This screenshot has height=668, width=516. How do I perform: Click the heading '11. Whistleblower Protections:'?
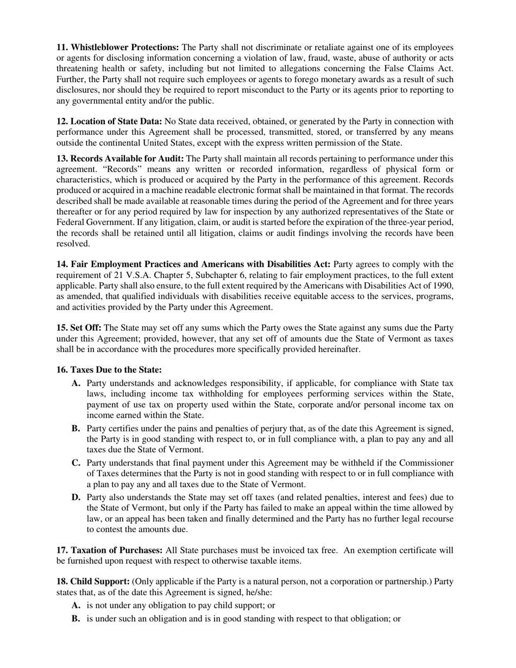coord(117,48)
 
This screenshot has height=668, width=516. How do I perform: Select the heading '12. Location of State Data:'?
coord(109,122)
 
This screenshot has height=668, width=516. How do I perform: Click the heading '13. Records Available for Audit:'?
coord(120,159)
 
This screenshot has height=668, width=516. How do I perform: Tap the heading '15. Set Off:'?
coord(79,328)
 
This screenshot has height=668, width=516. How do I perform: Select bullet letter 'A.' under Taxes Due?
coord(76,383)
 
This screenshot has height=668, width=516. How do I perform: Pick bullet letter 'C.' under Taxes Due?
coord(76,463)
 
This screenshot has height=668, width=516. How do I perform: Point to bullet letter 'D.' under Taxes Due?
coord(76,497)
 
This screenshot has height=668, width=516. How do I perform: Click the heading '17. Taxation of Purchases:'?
coord(109,550)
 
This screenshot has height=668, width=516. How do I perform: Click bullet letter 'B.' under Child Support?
coord(76,619)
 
